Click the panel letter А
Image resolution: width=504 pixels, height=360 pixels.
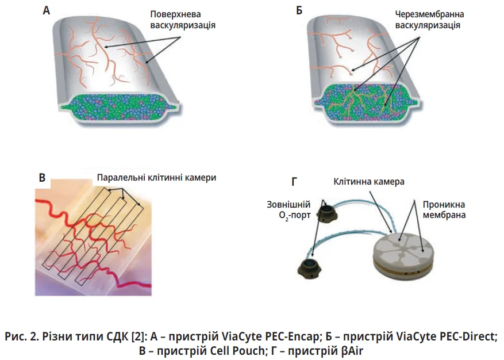click(x=47, y=10)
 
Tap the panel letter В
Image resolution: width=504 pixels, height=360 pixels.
click(x=42, y=178)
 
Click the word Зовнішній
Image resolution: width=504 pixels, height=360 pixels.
click(x=289, y=205)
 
